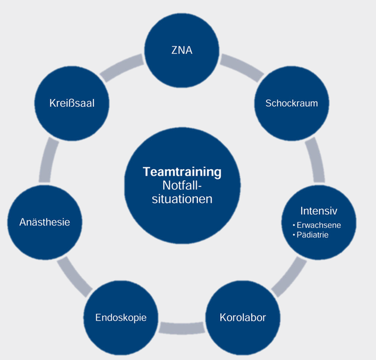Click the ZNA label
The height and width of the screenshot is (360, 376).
[x=182, y=50]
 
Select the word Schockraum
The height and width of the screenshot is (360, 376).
[x=291, y=103]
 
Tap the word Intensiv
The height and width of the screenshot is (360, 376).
[x=318, y=211]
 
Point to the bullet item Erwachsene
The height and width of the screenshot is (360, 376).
[x=318, y=225]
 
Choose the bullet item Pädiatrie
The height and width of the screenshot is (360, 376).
[x=312, y=235]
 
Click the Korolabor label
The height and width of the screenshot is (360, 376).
[x=243, y=317]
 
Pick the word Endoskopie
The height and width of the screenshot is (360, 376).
[x=121, y=317]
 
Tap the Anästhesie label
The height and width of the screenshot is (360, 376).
[x=44, y=222]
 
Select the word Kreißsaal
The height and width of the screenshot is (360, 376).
[x=72, y=103]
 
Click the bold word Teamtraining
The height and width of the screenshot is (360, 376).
[x=182, y=172]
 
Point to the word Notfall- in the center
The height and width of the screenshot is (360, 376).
[x=182, y=185]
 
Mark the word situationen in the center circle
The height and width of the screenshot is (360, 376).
[x=182, y=199]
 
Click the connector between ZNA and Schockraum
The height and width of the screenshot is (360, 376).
[x=242, y=67]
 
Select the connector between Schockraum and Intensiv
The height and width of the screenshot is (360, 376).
[x=315, y=160]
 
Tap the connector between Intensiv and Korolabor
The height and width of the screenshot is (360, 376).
[x=290, y=277]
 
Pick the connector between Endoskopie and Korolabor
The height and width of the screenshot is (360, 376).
[x=182, y=328]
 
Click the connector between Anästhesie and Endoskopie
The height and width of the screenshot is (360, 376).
[x=74, y=277]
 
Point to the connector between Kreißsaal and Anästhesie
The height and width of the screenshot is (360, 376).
[x=49, y=160]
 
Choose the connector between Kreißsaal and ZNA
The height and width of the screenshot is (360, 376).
[x=122, y=67]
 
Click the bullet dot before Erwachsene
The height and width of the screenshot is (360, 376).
[x=294, y=226]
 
